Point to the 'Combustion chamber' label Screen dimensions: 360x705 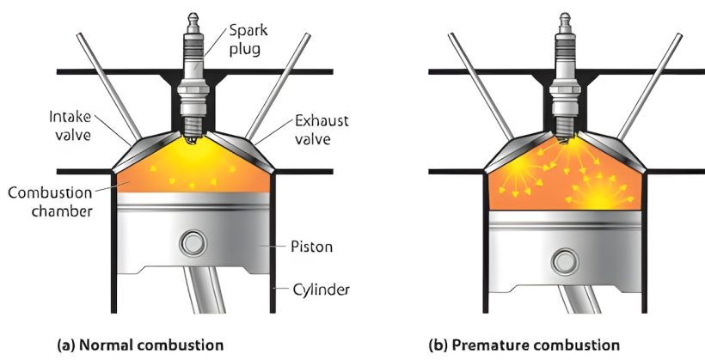point(49,197)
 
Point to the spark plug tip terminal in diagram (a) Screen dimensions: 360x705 point(193,18)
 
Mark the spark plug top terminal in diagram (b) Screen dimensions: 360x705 point(565,18)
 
